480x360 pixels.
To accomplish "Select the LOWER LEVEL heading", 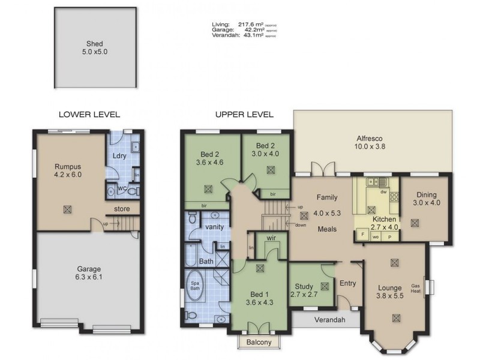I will pos(89,114).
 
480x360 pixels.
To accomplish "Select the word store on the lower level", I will pos(122,209).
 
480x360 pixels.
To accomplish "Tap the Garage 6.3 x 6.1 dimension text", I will pos(88,279).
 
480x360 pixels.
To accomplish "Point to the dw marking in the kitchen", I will pos(383,192).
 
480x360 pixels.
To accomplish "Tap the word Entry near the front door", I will pos(348,284).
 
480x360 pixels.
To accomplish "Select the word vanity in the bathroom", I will pos(214,227).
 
